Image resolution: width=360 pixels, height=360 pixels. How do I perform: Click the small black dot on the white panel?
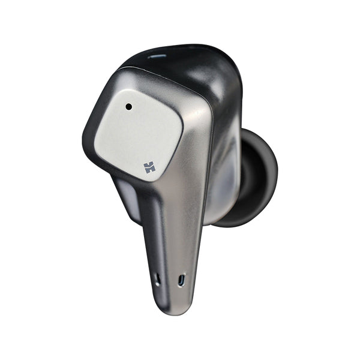pyautogui.click(x=128, y=107)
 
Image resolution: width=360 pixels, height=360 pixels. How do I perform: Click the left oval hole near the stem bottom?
pyautogui.click(x=157, y=280)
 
